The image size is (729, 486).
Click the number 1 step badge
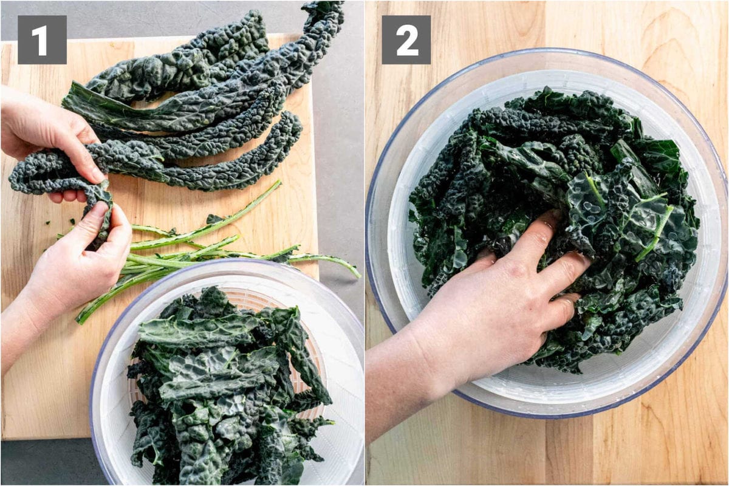tap(42, 39)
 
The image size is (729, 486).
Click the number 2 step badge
tap(406, 39)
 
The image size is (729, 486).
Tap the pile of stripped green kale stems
tap(200, 255)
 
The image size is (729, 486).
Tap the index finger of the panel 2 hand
tap(535, 234)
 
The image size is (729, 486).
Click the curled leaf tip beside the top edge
tap(322, 12)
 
